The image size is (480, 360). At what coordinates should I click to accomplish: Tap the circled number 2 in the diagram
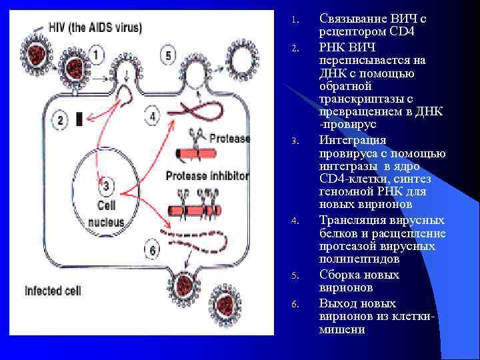(x=61, y=120)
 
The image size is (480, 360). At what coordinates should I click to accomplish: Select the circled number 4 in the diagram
(x=153, y=117)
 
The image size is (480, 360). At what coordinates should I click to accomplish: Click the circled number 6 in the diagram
(x=152, y=250)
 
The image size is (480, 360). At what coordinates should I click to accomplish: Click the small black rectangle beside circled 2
(x=80, y=119)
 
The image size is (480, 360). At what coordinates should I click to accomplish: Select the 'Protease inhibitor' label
(x=207, y=177)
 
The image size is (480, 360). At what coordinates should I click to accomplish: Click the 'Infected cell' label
(x=53, y=291)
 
